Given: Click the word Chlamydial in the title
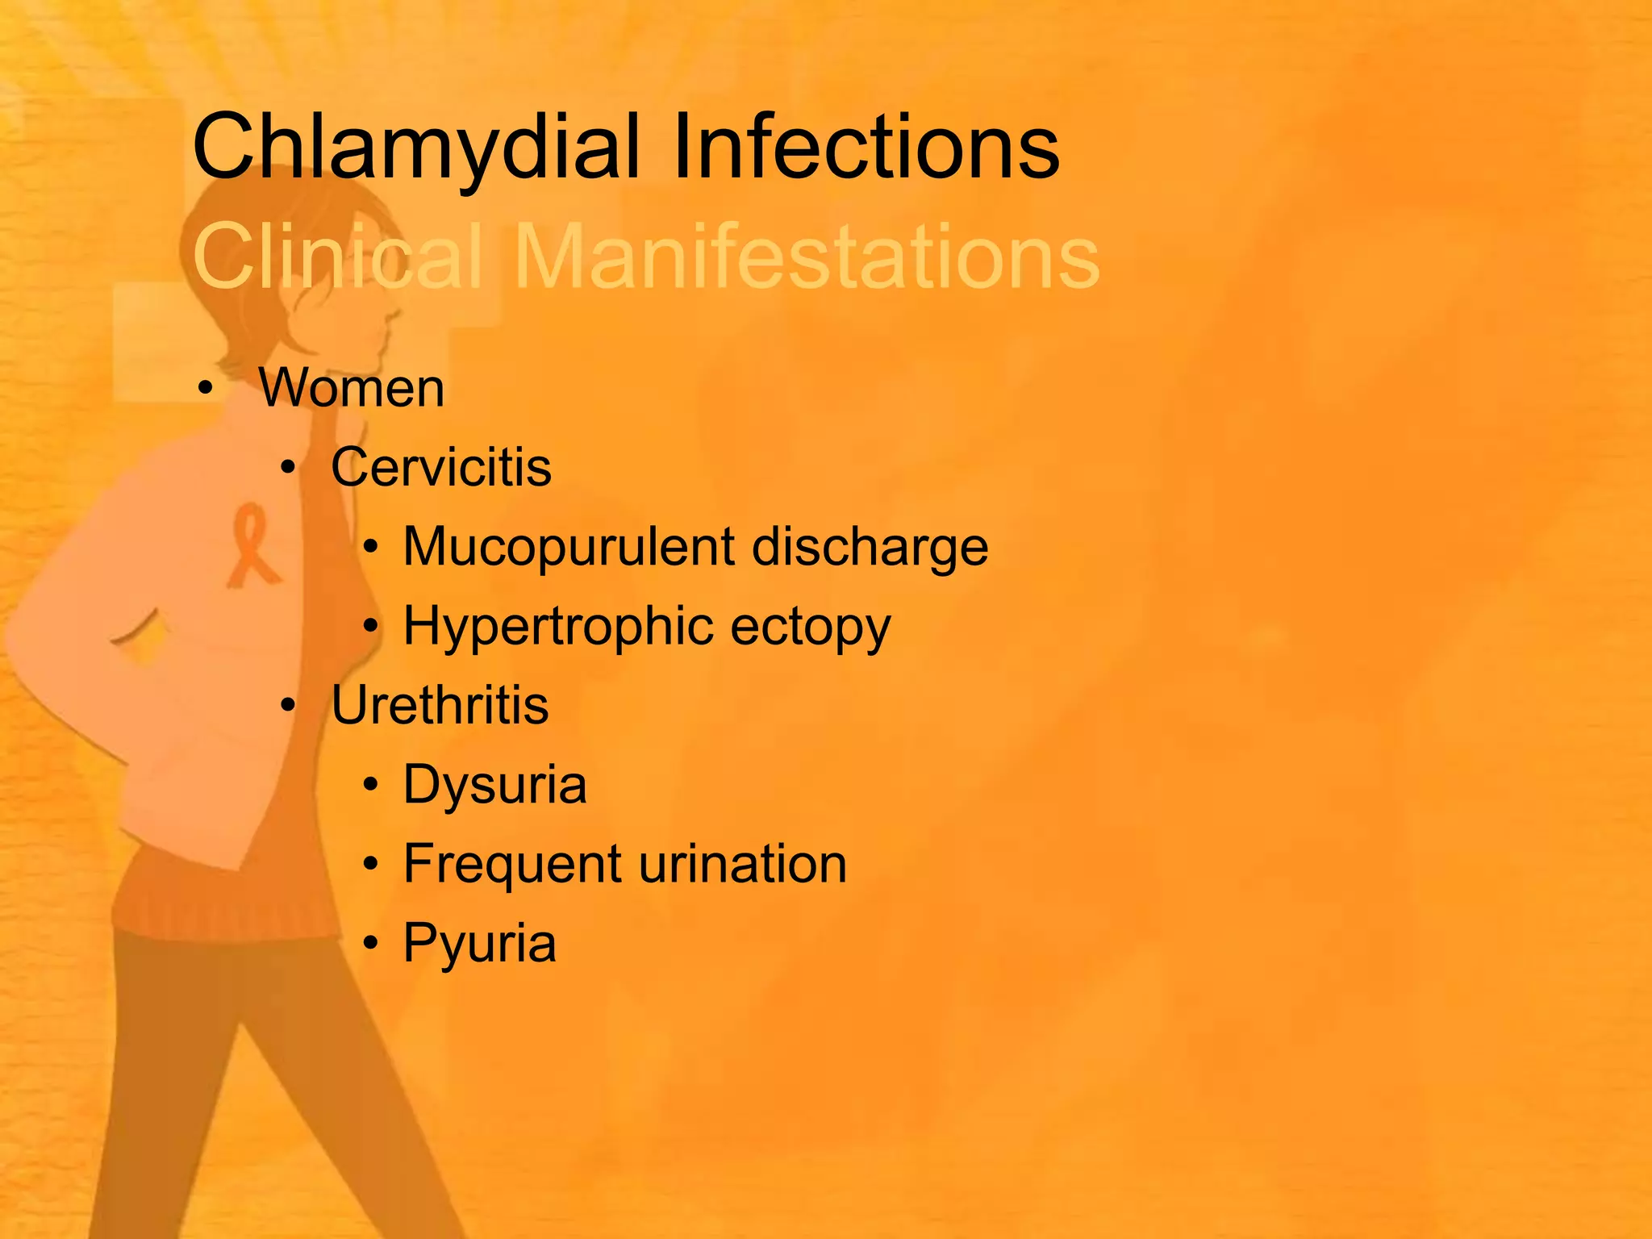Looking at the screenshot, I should click(x=416, y=148).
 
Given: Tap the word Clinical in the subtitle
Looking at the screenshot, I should click(x=338, y=257).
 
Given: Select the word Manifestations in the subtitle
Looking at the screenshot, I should click(x=806, y=257).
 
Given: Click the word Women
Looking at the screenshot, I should click(x=352, y=388).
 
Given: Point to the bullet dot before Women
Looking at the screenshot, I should click(x=206, y=390).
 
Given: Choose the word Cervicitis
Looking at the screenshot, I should click(x=441, y=467).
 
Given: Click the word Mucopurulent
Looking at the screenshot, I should click(x=569, y=548).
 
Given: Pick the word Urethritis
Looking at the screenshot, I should click(x=440, y=705).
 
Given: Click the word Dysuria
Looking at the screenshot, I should click(x=494, y=784).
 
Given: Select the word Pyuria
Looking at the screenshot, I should click(x=479, y=943).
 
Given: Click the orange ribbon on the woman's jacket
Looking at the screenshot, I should click(x=252, y=544).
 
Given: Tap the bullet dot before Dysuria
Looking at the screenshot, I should click(x=370, y=785).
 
